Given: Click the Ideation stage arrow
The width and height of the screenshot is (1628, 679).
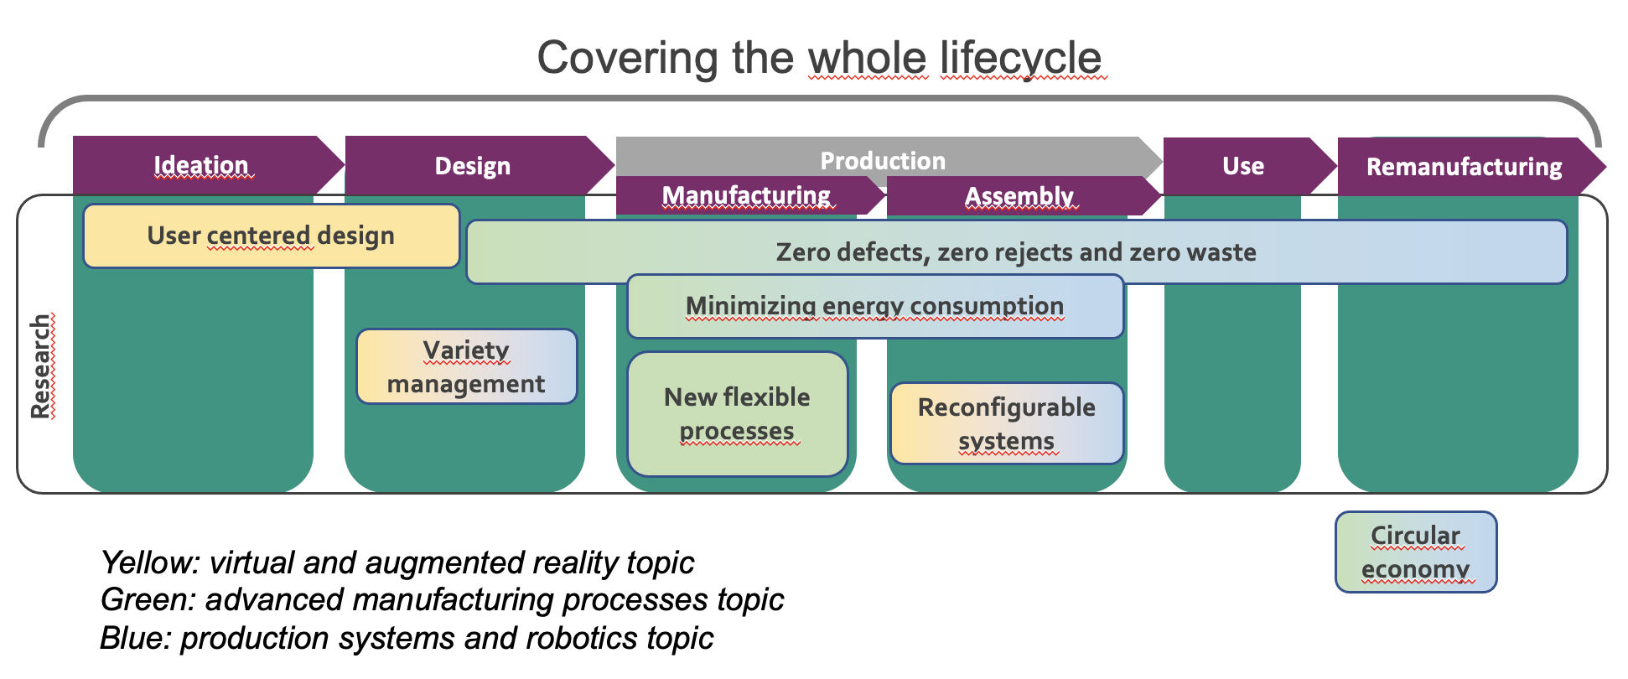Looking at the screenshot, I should click(202, 165).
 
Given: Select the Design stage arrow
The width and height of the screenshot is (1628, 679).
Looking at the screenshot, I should click(473, 166).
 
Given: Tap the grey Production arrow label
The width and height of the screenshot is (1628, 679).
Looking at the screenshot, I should click(882, 159).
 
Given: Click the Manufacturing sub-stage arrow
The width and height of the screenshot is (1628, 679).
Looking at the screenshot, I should click(746, 195).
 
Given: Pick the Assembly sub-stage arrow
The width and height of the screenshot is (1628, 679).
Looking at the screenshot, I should click(1019, 196).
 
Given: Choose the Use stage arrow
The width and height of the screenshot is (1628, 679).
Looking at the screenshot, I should click(1242, 166).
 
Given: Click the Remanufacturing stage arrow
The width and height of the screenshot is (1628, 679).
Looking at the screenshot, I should click(1464, 167).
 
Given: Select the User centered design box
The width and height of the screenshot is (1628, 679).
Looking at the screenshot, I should click(271, 236).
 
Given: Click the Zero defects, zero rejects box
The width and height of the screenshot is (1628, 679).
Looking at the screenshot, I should click(1016, 251).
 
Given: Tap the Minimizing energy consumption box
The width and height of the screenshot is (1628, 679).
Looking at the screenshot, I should click(874, 306).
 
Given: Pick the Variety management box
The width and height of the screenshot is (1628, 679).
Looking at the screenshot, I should click(466, 366).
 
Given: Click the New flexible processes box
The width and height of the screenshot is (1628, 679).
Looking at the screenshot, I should click(737, 413).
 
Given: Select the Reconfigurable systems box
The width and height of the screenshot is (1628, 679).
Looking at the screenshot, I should click(1006, 423).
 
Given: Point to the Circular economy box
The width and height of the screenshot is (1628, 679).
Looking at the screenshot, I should click(1415, 552).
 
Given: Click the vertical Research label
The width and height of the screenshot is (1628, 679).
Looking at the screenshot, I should click(40, 366).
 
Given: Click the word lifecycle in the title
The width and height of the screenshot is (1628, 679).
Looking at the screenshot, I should click(1020, 58).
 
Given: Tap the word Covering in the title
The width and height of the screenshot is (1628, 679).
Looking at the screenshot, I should click(627, 58).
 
